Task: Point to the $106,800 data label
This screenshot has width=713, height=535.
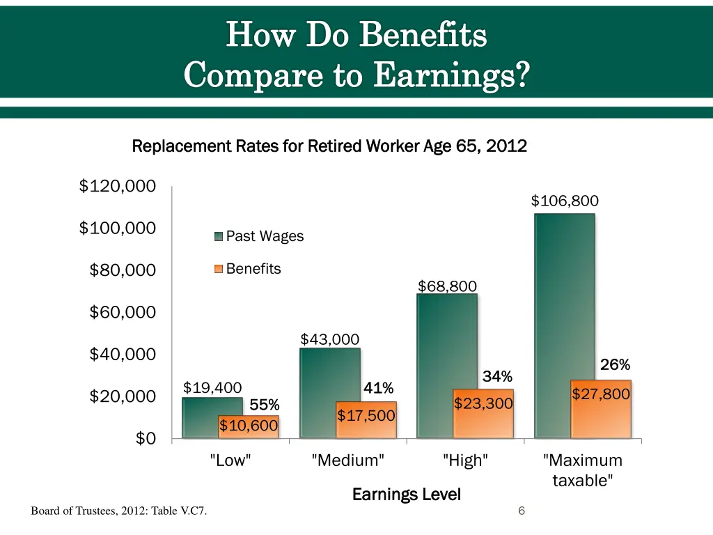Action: (x=565, y=201)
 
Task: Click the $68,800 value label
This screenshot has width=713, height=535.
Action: (x=447, y=286)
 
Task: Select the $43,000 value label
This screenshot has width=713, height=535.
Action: (x=330, y=339)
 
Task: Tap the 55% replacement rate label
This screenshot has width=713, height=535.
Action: (x=265, y=405)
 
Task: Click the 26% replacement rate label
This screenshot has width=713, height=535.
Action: (x=615, y=365)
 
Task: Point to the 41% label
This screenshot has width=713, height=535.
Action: (x=379, y=387)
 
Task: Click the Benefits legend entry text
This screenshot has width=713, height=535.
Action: (x=253, y=269)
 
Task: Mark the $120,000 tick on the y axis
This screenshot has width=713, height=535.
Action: (x=117, y=186)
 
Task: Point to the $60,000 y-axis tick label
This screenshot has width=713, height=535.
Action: (x=123, y=312)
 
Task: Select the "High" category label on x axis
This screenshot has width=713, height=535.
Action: (x=465, y=460)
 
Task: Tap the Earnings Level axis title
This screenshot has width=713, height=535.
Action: (x=407, y=495)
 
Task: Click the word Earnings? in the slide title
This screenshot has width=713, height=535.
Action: (x=450, y=74)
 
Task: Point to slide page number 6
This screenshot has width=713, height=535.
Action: (x=522, y=512)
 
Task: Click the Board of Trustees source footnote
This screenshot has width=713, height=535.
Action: (x=118, y=513)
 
